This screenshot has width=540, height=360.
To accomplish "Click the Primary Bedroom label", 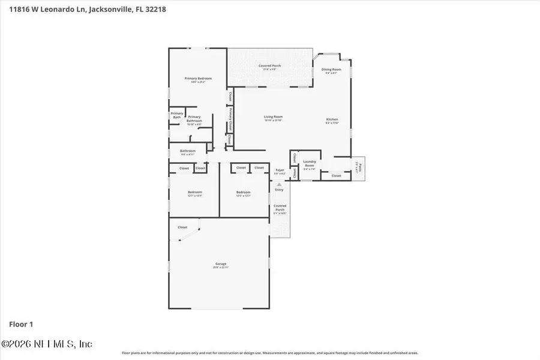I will [x=198, y=79].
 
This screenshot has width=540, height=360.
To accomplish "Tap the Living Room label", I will [x=273, y=117].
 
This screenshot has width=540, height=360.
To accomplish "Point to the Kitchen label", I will [x=332, y=119].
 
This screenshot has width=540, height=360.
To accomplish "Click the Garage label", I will [x=221, y=264].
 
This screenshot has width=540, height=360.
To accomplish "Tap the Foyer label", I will [x=280, y=170].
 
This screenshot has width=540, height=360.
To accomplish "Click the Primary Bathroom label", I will [x=194, y=118].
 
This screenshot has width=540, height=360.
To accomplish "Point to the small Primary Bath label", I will [x=176, y=115].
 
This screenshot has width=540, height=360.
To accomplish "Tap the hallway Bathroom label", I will [x=188, y=151].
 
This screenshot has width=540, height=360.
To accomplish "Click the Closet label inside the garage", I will [x=182, y=227].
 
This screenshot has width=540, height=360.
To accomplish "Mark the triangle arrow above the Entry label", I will [x=279, y=184].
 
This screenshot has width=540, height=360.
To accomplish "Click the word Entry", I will [x=279, y=190].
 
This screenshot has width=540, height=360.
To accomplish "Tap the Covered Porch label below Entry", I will [x=280, y=208].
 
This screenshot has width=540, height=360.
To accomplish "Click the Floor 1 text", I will [x=21, y=325].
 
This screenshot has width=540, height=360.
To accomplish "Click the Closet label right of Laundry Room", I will [x=336, y=176].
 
